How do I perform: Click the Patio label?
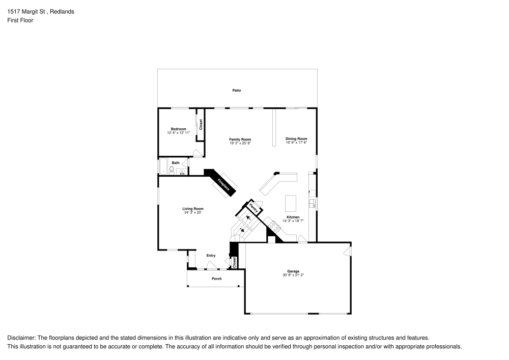[x=236, y=91]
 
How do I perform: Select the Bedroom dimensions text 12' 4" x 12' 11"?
[x=178, y=133]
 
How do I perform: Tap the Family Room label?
[x=240, y=140]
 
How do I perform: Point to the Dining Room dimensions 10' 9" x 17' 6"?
[x=296, y=143]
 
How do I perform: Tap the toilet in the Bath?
[x=172, y=170]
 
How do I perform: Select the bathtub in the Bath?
[x=163, y=166]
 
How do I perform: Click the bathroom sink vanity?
[x=182, y=171]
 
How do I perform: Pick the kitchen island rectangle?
[x=291, y=203]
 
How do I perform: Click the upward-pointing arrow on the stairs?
[x=248, y=217]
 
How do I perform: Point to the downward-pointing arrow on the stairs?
[x=241, y=230]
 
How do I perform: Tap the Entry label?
[x=211, y=256]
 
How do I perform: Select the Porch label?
[x=216, y=279]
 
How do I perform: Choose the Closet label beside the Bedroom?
[x=201, y=124]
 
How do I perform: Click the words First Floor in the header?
[x=20, y=20]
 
